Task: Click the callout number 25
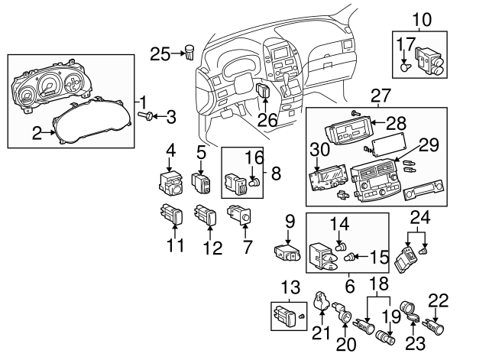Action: (160, 54)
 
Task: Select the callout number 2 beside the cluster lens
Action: (37, 133)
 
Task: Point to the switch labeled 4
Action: (170, 183)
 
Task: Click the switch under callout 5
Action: (201, 183)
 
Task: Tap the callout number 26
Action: (267, 120)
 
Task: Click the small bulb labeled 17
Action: (405, 66)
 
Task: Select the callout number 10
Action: (422, 20)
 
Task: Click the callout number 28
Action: (396, 124)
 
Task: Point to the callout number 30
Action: (319, 149)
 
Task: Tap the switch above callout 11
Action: (171, 214)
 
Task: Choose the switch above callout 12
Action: (205, 214)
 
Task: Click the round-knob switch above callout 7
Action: (239, 215)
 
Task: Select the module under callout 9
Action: (287, 252)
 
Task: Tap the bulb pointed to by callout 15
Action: (348, 258)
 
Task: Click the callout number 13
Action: (290, 287)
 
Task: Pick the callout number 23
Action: (416, 343)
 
